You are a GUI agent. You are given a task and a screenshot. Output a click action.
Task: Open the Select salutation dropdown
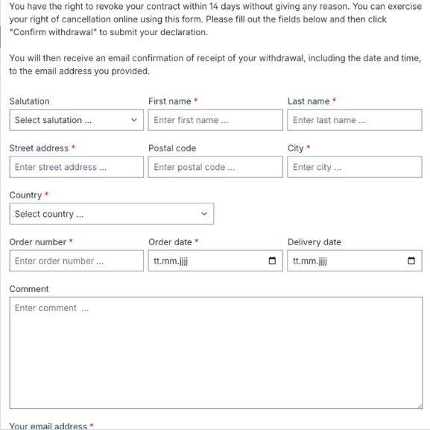(76, 120)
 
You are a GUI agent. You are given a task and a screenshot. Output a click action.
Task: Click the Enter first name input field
(215, 120)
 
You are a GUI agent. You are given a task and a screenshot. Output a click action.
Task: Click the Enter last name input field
(354, 120)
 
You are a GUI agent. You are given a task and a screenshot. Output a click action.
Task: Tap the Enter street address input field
(76, 167)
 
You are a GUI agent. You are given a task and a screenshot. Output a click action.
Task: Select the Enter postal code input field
(215, 167)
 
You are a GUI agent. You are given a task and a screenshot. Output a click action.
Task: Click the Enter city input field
(354, 167)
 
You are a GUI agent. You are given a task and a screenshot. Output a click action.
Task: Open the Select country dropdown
(111, 214)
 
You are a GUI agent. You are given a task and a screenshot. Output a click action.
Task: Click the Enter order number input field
(76, 261)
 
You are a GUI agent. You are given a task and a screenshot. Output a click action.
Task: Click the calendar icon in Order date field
(272, 261)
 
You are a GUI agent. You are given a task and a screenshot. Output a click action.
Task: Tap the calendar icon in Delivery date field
(411, 261)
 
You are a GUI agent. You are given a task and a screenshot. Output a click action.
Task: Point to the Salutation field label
(29, 101)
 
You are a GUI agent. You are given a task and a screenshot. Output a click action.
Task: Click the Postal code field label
(172, 148)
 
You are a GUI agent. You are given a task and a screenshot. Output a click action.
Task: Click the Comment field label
(29, 289)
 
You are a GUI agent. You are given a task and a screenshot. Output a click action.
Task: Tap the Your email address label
(48, 426)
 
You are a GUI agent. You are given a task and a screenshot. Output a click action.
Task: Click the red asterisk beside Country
(47, 195)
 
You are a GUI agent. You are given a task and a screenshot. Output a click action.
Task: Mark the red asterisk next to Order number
(71, 241)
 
